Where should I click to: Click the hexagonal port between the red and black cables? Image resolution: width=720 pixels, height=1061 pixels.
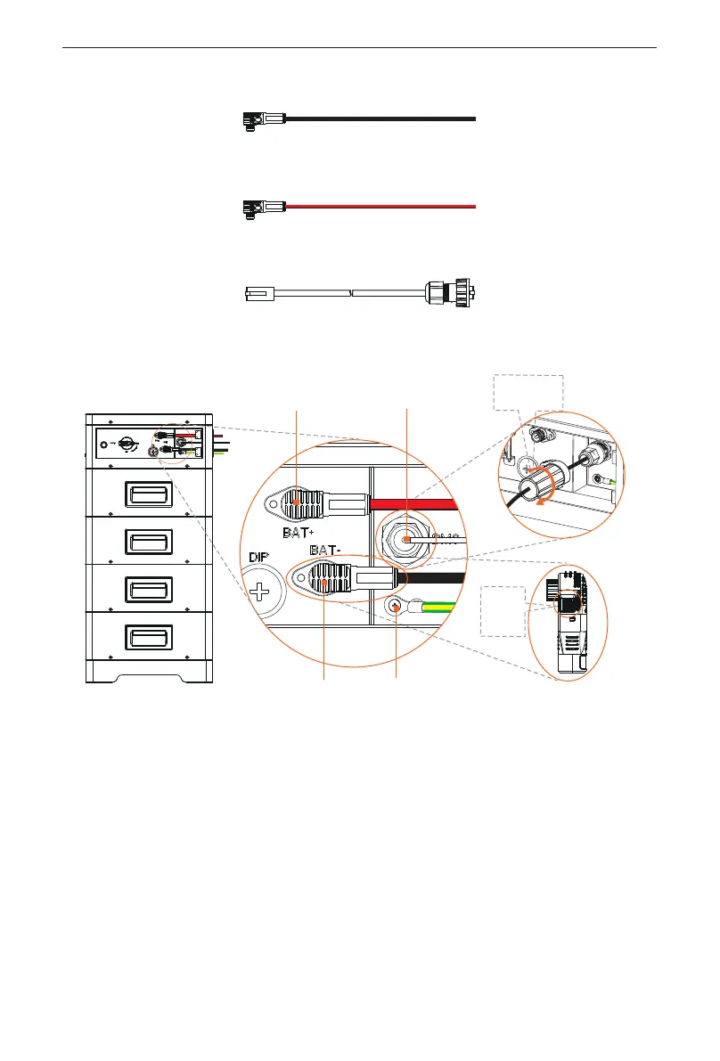(406, 540)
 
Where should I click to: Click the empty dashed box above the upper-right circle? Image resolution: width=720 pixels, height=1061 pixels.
(529, 392)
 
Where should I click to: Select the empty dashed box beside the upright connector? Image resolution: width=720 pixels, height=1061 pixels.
(502, 611)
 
